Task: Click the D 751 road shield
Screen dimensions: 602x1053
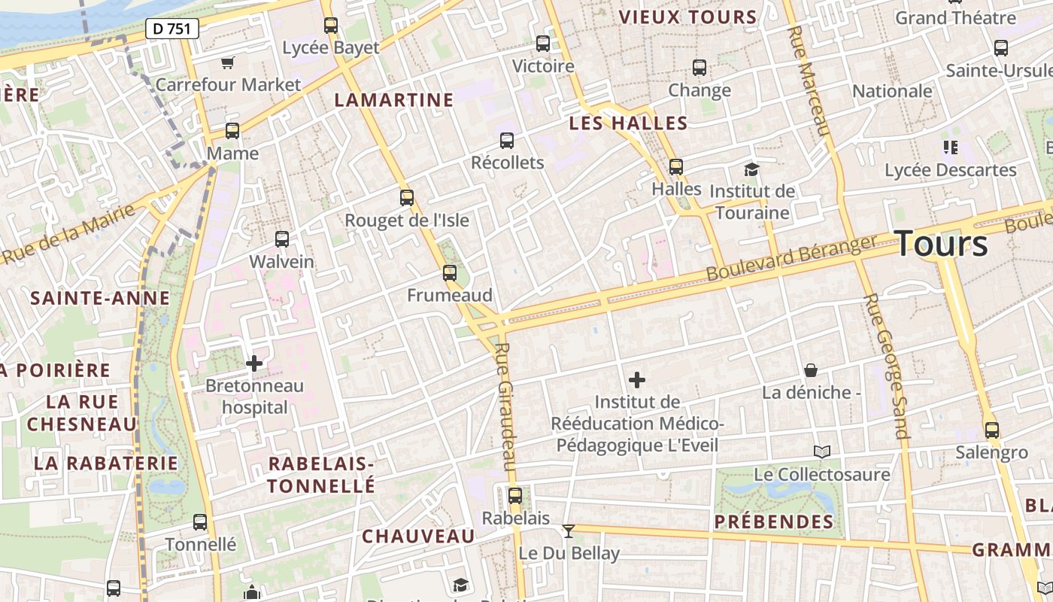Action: [x=172, y=29]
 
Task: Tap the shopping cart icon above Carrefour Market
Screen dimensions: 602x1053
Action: [x=228, y=62]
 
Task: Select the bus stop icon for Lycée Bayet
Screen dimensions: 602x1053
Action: [x=330, y=26]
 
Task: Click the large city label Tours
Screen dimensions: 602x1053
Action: [x=942, y=244]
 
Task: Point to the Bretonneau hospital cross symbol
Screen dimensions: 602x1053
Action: [x=254, y=363]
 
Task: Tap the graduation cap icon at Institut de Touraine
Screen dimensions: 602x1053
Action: [x=751, y=169]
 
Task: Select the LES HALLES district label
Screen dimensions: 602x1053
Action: [x=628, y=123]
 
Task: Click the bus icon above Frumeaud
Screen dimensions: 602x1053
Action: [x=450, y=272]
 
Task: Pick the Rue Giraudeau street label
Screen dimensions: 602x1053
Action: [x=507, y=406]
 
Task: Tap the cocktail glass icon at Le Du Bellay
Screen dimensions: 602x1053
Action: [x=569, y=531]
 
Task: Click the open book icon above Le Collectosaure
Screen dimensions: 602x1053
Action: [x=822, y=451]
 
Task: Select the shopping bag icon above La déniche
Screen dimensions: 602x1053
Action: [x=811, y=370]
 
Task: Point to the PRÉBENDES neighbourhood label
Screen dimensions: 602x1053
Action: [x=774, y=521]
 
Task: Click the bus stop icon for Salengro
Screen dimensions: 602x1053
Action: [x=992, y=430]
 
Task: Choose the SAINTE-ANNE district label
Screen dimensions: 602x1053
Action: [x=100, y=298]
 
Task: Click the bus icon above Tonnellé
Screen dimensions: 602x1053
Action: [x=200, y=521]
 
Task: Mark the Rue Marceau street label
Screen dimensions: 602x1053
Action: [x=810, y=81]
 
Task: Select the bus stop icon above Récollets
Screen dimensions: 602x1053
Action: [x=507, y=140]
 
